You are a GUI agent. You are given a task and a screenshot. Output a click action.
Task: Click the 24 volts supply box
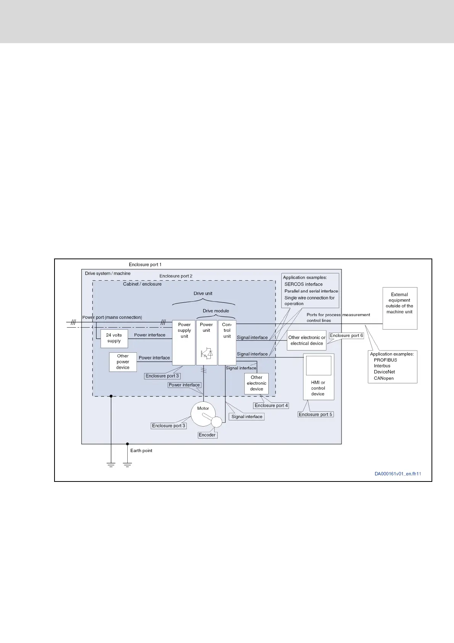[114, 338]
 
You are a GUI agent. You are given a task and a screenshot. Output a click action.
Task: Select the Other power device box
[123, 362]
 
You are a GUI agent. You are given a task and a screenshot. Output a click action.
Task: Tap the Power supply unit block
[184, 343]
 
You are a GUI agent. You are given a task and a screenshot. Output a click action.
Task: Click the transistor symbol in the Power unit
[207, 353]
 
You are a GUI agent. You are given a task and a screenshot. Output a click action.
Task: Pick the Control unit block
[227, 343]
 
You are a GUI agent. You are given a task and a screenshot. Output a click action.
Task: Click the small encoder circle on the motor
[216, 422]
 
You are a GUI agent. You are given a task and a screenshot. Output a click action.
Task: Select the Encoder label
[207, 435]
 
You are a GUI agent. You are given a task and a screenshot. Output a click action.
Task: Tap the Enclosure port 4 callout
[271, 406]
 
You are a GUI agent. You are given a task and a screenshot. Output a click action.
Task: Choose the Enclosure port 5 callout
[316, 414]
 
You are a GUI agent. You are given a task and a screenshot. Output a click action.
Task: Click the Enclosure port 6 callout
[346, 336]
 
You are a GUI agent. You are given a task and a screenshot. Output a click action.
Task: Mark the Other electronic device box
[257, 383]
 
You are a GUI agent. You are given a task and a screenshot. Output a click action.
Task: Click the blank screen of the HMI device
[318, 365]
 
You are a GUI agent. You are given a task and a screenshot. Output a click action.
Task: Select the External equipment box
[399, 308]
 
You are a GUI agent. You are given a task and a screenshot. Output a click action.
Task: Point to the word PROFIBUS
[385, 360]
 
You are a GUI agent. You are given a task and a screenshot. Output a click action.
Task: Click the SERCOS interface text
[303, 284]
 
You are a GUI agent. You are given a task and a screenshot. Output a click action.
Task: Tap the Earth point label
[141, 451]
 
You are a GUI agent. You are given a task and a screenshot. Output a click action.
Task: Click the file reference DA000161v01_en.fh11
[398, 474]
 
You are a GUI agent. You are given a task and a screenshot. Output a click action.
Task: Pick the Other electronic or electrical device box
[307, 340]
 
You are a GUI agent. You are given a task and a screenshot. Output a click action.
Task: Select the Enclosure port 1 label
[145, 265]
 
